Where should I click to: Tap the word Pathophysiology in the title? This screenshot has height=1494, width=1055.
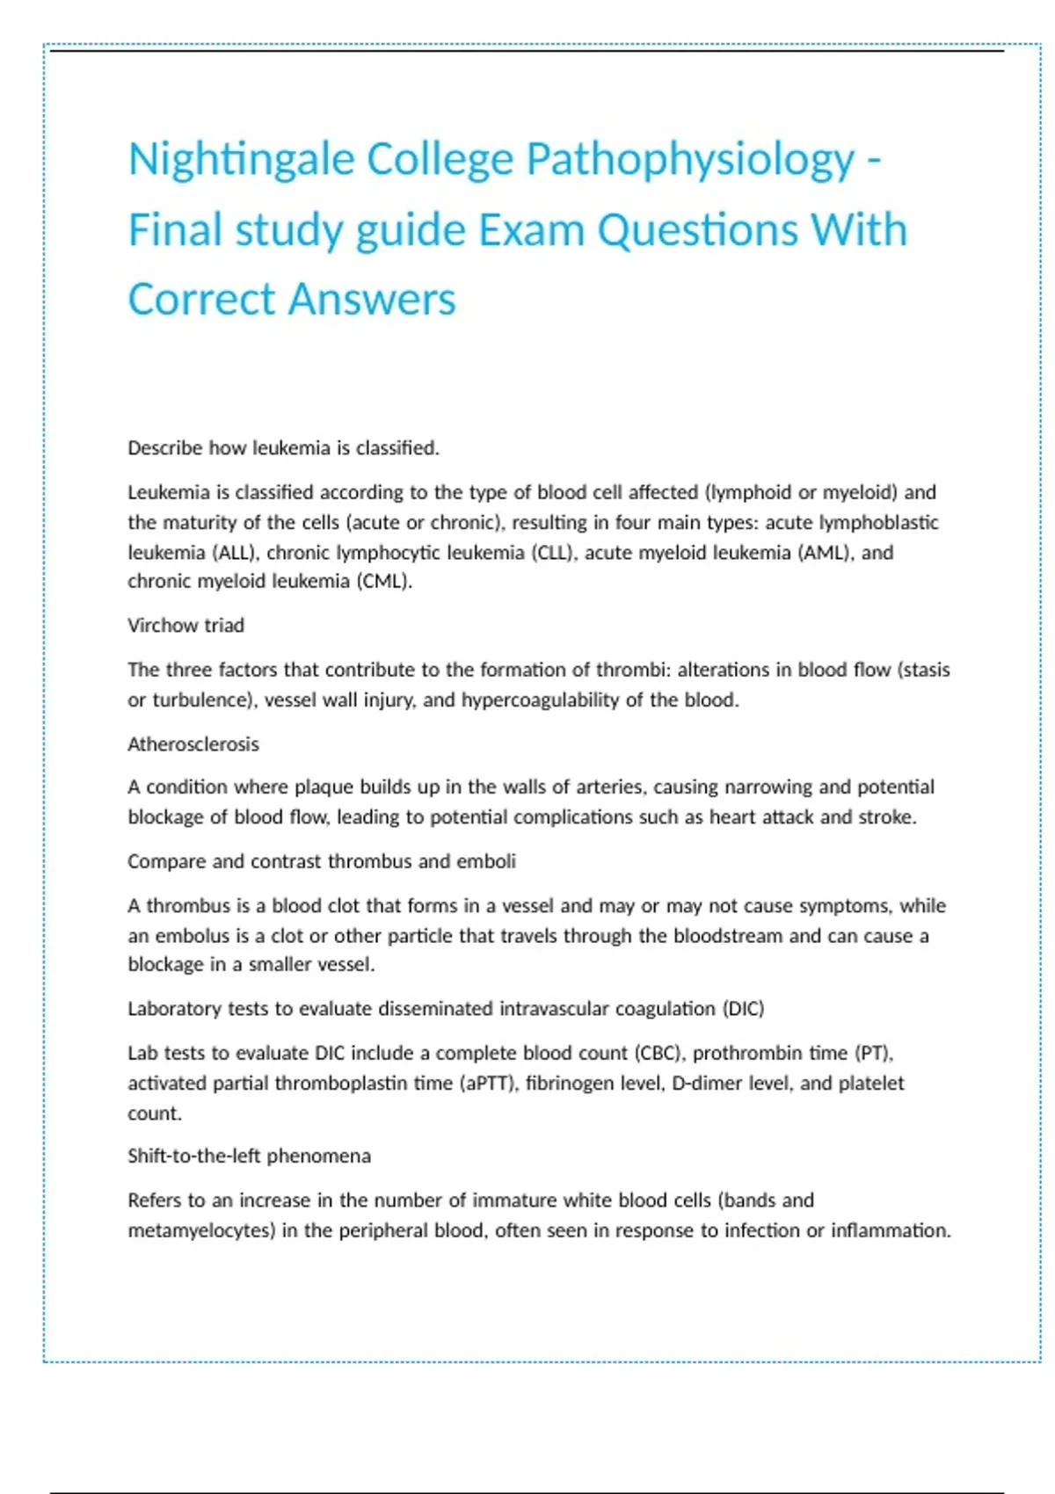coord(689,160)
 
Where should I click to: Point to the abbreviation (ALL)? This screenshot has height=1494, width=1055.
coord(235,553)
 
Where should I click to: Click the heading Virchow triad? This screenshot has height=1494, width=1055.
coord(186,626)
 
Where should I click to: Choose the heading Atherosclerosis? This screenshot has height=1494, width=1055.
coord(193,744)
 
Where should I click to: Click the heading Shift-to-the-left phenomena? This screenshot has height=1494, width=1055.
coord(249,1156)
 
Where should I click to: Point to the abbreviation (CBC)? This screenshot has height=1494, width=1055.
coord(658,1053)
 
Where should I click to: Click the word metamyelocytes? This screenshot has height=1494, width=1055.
coord(201,1230)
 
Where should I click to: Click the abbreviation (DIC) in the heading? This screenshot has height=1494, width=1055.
coord(743,1009)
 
